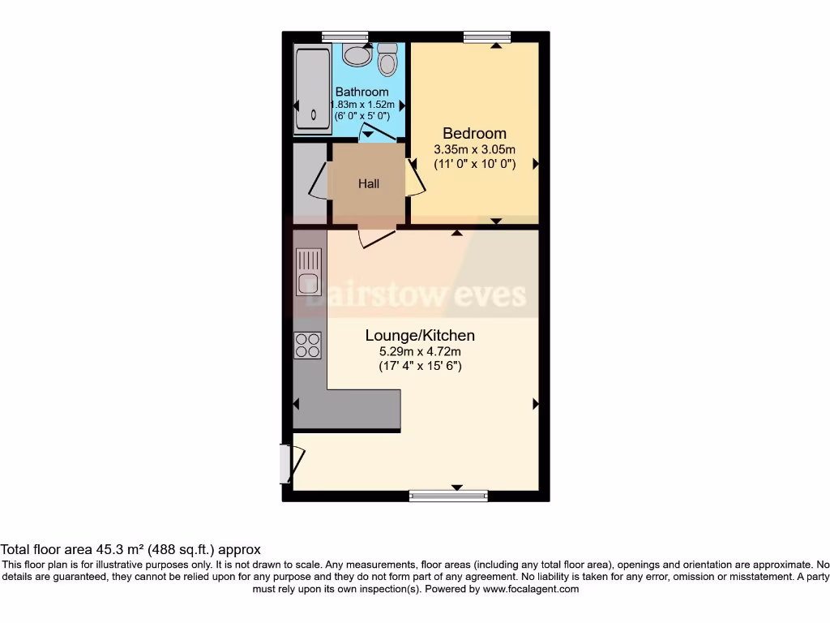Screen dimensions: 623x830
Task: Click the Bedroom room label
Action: pyautogui.click(x=474, y=133)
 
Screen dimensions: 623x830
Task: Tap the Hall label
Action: pyautogui.click(x=369, y=184)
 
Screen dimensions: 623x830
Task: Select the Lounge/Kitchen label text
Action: pyautogui.click(x=420, y=335)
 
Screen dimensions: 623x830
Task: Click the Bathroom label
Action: pyautogui.click(x=362, y=92)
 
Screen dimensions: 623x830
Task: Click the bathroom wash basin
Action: pyautogui.click(x=356, y=54)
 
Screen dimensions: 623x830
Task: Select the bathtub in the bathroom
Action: pyautogui.click(x=308, y=89)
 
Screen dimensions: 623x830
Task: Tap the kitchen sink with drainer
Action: pyautogui.click(x=308, y=272)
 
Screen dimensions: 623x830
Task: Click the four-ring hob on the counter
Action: pyautogui.click(x=307, y=346)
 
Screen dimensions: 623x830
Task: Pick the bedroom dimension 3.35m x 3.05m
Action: pyautogui.click(x=474, y=149)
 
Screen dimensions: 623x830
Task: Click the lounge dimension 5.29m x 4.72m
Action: pyautogui.click(x=420, y=351)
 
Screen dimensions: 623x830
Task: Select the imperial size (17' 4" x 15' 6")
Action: pyautogui.click(x=420, y=366)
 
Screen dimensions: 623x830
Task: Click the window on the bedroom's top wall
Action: pyautogui.click(x=488, y=37)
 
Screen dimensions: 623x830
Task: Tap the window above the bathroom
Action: pyautogui.click(x=344, y=37)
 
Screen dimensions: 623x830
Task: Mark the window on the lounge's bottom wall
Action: pyautogui.click(x=448, y=496)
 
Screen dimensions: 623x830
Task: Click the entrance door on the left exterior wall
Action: pyautogui.click(x=288, y=464)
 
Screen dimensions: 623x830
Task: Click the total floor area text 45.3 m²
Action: pyautogui.click(x=130, y=550)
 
